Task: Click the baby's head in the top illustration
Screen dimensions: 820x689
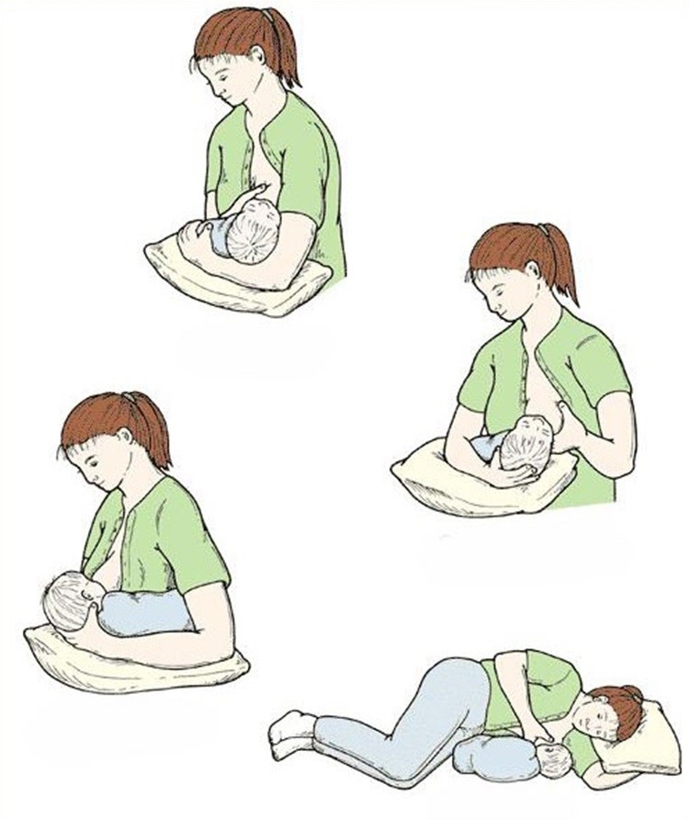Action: point(252,232)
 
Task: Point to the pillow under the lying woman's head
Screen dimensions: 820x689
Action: point(654,735)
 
